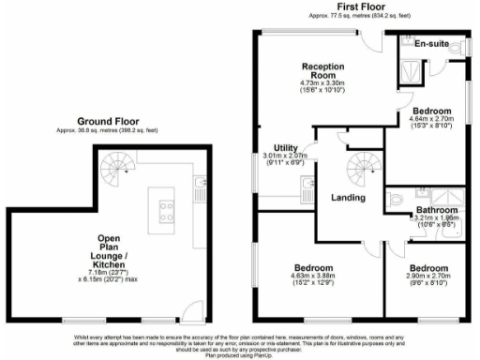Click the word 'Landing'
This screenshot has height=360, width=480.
coord(347,198)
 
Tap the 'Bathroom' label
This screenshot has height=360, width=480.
coord(437,209)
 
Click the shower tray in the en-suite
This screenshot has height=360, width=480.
coord(411,66)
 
